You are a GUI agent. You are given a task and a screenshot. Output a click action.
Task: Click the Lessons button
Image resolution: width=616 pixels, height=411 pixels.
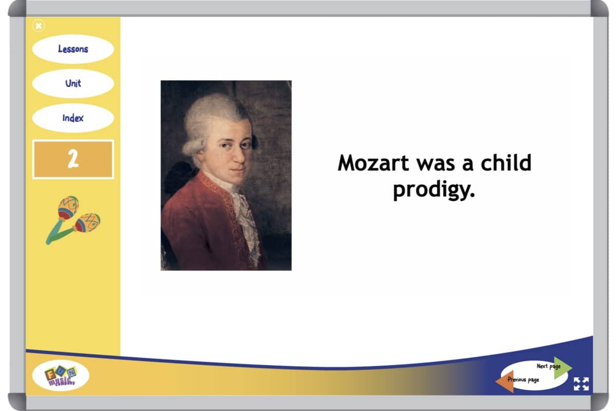pos(73,49)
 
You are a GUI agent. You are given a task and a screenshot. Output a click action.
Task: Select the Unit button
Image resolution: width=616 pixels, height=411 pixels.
pos(73,83)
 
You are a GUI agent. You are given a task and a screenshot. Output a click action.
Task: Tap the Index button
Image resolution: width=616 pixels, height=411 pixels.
pos(73,118)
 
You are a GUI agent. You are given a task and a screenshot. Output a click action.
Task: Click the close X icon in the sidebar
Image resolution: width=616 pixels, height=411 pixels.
pos(38,26)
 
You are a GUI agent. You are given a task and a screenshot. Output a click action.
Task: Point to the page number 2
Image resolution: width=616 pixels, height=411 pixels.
pos(73,159)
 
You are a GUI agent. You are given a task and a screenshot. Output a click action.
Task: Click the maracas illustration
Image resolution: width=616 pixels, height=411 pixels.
pos(73,220)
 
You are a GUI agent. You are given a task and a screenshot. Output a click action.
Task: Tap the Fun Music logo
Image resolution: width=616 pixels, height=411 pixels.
pos(61,376)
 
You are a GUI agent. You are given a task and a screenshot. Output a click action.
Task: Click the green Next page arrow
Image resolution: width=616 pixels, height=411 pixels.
pos(563,368)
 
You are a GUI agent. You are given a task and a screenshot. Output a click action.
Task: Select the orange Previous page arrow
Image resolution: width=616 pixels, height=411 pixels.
pos(505,381)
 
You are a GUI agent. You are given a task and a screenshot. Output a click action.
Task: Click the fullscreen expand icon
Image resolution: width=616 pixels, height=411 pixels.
pos(581,384)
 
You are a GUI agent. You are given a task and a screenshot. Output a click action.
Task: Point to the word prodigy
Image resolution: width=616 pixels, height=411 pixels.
pos(434,190)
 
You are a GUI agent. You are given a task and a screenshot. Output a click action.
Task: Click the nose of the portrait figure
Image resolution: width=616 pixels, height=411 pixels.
pos(239,156)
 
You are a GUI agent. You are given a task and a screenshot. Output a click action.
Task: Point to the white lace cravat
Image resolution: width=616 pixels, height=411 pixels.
pos(246,217)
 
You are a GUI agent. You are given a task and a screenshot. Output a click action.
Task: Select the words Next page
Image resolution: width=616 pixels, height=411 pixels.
pos(549,366)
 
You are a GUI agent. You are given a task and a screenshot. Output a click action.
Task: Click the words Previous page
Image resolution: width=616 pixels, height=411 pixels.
pos(523,380)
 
